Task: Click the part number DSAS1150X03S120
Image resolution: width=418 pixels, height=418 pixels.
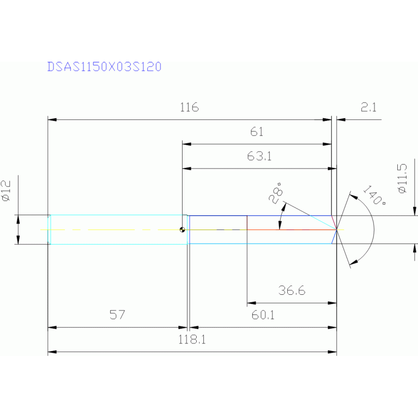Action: [x=104, y=67]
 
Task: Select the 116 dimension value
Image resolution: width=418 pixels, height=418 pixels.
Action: [x=189, y=107]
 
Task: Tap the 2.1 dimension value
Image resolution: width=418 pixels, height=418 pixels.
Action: [x=368, y=107]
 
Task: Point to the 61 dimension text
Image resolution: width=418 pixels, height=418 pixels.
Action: [x=257, y=132]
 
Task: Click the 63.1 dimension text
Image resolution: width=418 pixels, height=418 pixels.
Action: [x=259, y=156]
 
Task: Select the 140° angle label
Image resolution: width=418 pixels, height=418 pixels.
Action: [x=373, y=196]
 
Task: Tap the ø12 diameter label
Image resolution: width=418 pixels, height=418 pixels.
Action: [x=7, y=191]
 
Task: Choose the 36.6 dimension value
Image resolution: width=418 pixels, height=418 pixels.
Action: [x=292, y=291]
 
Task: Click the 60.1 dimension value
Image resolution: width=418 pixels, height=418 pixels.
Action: [x=263, y=315]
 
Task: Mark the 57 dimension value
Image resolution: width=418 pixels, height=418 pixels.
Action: [x=117, y=314]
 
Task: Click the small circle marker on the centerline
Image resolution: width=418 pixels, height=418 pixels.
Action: [x=183, y=229]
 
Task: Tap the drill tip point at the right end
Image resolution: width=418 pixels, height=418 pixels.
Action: [x=337, y=229]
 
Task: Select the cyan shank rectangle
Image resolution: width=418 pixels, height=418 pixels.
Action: [x=117, y=229]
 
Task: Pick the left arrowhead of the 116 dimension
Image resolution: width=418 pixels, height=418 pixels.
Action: [x=52, y=119]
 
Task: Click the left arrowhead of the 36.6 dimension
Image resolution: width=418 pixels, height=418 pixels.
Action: [x=251, y=302]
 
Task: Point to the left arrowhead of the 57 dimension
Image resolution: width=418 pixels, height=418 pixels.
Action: [x=52, y=328]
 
